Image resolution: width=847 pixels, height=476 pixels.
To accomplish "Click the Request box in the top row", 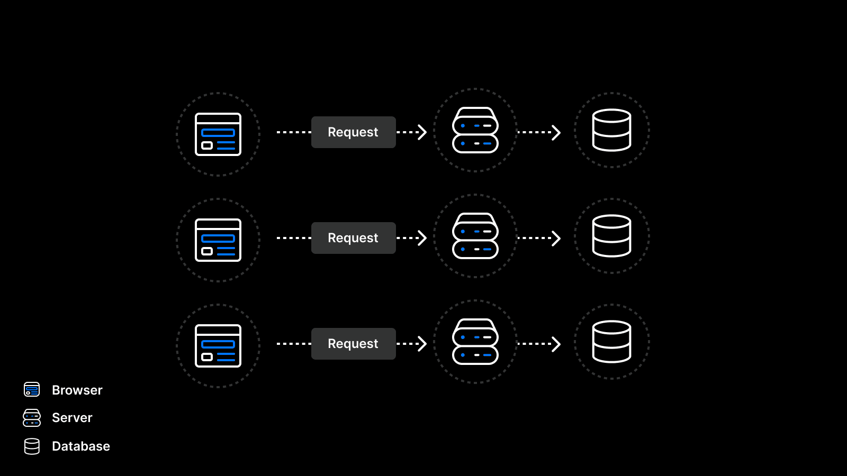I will click(353, 132).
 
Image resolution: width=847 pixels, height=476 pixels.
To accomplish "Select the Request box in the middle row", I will click(353, 238).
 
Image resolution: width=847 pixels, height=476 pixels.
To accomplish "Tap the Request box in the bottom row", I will click(353, 344).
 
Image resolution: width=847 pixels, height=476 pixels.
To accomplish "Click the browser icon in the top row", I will click(218, 134).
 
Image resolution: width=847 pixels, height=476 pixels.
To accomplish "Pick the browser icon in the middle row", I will click(218, 240).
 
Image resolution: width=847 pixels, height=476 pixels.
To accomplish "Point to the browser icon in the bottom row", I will click(218, 346).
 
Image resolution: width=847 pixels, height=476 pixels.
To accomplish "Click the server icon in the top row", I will click(475, 130).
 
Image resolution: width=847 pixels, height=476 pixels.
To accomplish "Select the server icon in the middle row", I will click(475, 236).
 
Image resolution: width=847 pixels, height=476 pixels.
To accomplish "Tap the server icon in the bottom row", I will click(475, 342).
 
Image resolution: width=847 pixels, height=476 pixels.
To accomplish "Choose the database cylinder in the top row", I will click(611, 130).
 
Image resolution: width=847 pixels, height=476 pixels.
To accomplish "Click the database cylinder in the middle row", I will click(611, 236).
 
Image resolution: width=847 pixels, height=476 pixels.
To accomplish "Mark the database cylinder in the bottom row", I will click(611, 342).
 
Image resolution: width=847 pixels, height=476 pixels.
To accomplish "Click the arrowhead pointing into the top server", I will click(422, 132).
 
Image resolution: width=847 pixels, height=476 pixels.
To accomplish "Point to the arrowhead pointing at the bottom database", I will click(556, 344).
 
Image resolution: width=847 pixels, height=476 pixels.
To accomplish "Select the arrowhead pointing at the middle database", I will click(556, 238).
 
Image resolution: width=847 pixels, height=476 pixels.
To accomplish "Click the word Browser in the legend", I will click(77, 390).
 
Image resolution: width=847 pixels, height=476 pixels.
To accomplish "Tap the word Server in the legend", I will click(72, 418).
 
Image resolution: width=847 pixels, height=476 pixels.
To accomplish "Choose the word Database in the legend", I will click(81, 446).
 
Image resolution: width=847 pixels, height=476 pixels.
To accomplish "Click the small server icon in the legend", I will click(32, 418).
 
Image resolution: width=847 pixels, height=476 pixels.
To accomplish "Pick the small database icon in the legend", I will click(32, 446).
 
